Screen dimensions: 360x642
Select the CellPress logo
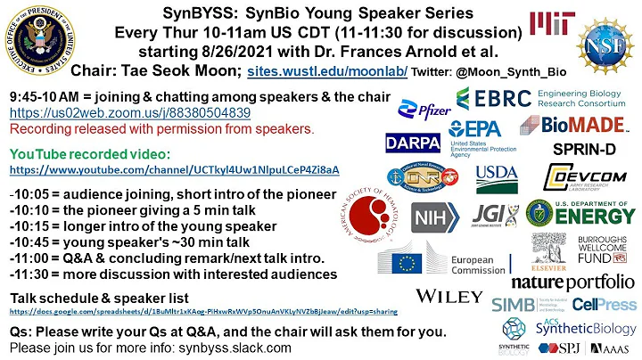pos(604,304)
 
